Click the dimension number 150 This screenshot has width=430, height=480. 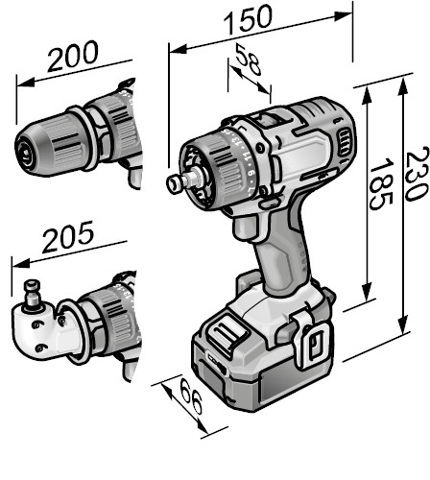pyautogui.click(x=248, y=20)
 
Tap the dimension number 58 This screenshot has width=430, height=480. pyautogui.click(x=249, y=60)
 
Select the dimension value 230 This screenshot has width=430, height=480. pyautogui.click(x=416, y=174)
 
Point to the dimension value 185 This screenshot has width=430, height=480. pyautogui.click(x=381, y=183)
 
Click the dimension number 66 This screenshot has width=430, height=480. pyautogui.click(x=191, y=396)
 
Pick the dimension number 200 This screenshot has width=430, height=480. pyautogui.click(x=73, y=56)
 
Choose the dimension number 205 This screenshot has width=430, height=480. pyautogui.click(x=68, y=236)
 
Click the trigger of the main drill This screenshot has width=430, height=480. pyautogui.click(x=246, y=228)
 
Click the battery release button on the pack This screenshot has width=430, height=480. pyautogui.click(x=227, y=333)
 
